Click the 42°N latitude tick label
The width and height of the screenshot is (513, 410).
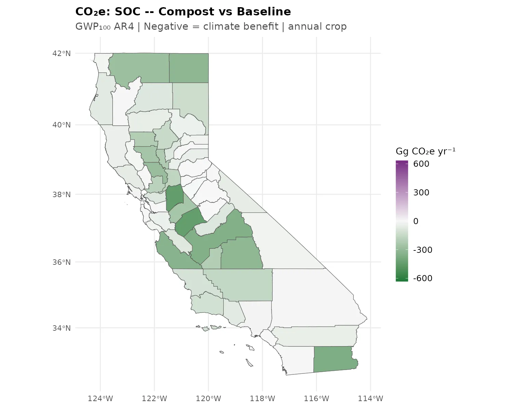point(62,54)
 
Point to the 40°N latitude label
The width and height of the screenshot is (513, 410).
point(62,125)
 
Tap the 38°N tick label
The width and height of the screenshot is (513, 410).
point(62,195)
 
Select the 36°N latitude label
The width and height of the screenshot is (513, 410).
point(62,262)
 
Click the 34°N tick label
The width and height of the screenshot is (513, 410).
point(62,328)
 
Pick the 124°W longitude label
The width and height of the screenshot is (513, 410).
point(101,398)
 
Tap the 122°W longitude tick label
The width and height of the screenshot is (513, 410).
point(154,398)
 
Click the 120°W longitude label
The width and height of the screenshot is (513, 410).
point(208,398)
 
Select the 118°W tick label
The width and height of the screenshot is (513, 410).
point(262,398)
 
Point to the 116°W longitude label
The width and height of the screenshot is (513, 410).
point(316,398)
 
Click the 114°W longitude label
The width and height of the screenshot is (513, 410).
point(370,398)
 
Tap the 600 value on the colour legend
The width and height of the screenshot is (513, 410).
point(421,164)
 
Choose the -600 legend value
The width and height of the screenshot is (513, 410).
point(423,278)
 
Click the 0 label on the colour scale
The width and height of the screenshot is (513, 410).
point(416,221)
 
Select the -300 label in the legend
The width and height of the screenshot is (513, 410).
point(423,250)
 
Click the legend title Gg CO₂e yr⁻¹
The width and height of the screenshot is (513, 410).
point(425,151)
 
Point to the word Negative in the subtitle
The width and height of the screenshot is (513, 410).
point(166,27)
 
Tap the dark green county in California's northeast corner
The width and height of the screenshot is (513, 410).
point(189,68)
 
